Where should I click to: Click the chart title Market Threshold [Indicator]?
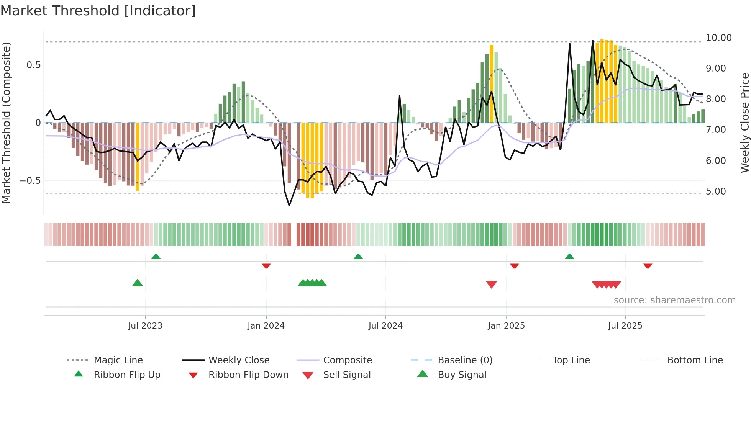coord(98,11)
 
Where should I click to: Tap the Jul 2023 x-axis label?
coord(145,326)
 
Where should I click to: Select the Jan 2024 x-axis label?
coord(266,326)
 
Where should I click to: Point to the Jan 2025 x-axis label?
coord(506,326)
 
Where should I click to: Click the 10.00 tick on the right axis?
coord(718,38)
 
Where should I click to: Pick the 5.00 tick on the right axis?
coord(716,191)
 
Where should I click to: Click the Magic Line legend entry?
coord(118,360)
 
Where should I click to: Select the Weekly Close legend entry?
coord(239,360)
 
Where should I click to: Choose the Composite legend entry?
coord(348,360)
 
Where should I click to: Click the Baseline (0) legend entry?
coord(465,360)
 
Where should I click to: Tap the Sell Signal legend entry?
coord(347,375)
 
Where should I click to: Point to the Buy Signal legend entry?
coord(462,375)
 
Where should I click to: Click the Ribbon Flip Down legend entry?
coord(248,375)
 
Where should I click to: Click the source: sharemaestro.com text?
coord(674,300)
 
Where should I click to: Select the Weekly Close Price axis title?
coord(744,123)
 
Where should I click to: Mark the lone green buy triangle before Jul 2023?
coord(138,283)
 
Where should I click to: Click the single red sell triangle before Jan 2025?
coord(491,284)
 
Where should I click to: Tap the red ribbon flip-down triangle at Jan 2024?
coord(266,266)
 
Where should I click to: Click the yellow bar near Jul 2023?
coord(138,157)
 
